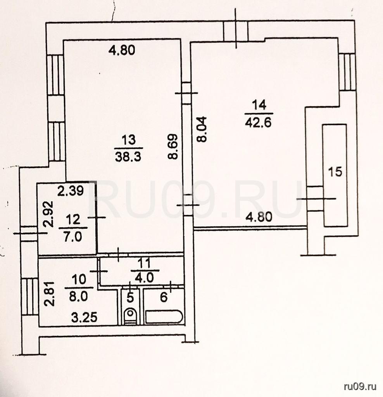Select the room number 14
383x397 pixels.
[257, 105]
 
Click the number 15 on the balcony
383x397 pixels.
[335, 171]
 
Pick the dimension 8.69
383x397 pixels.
[173, 147]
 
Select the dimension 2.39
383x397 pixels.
[70, 191]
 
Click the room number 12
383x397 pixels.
[73, 220]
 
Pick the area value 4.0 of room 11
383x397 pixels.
[144, 278]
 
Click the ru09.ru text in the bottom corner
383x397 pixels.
[360, 386]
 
